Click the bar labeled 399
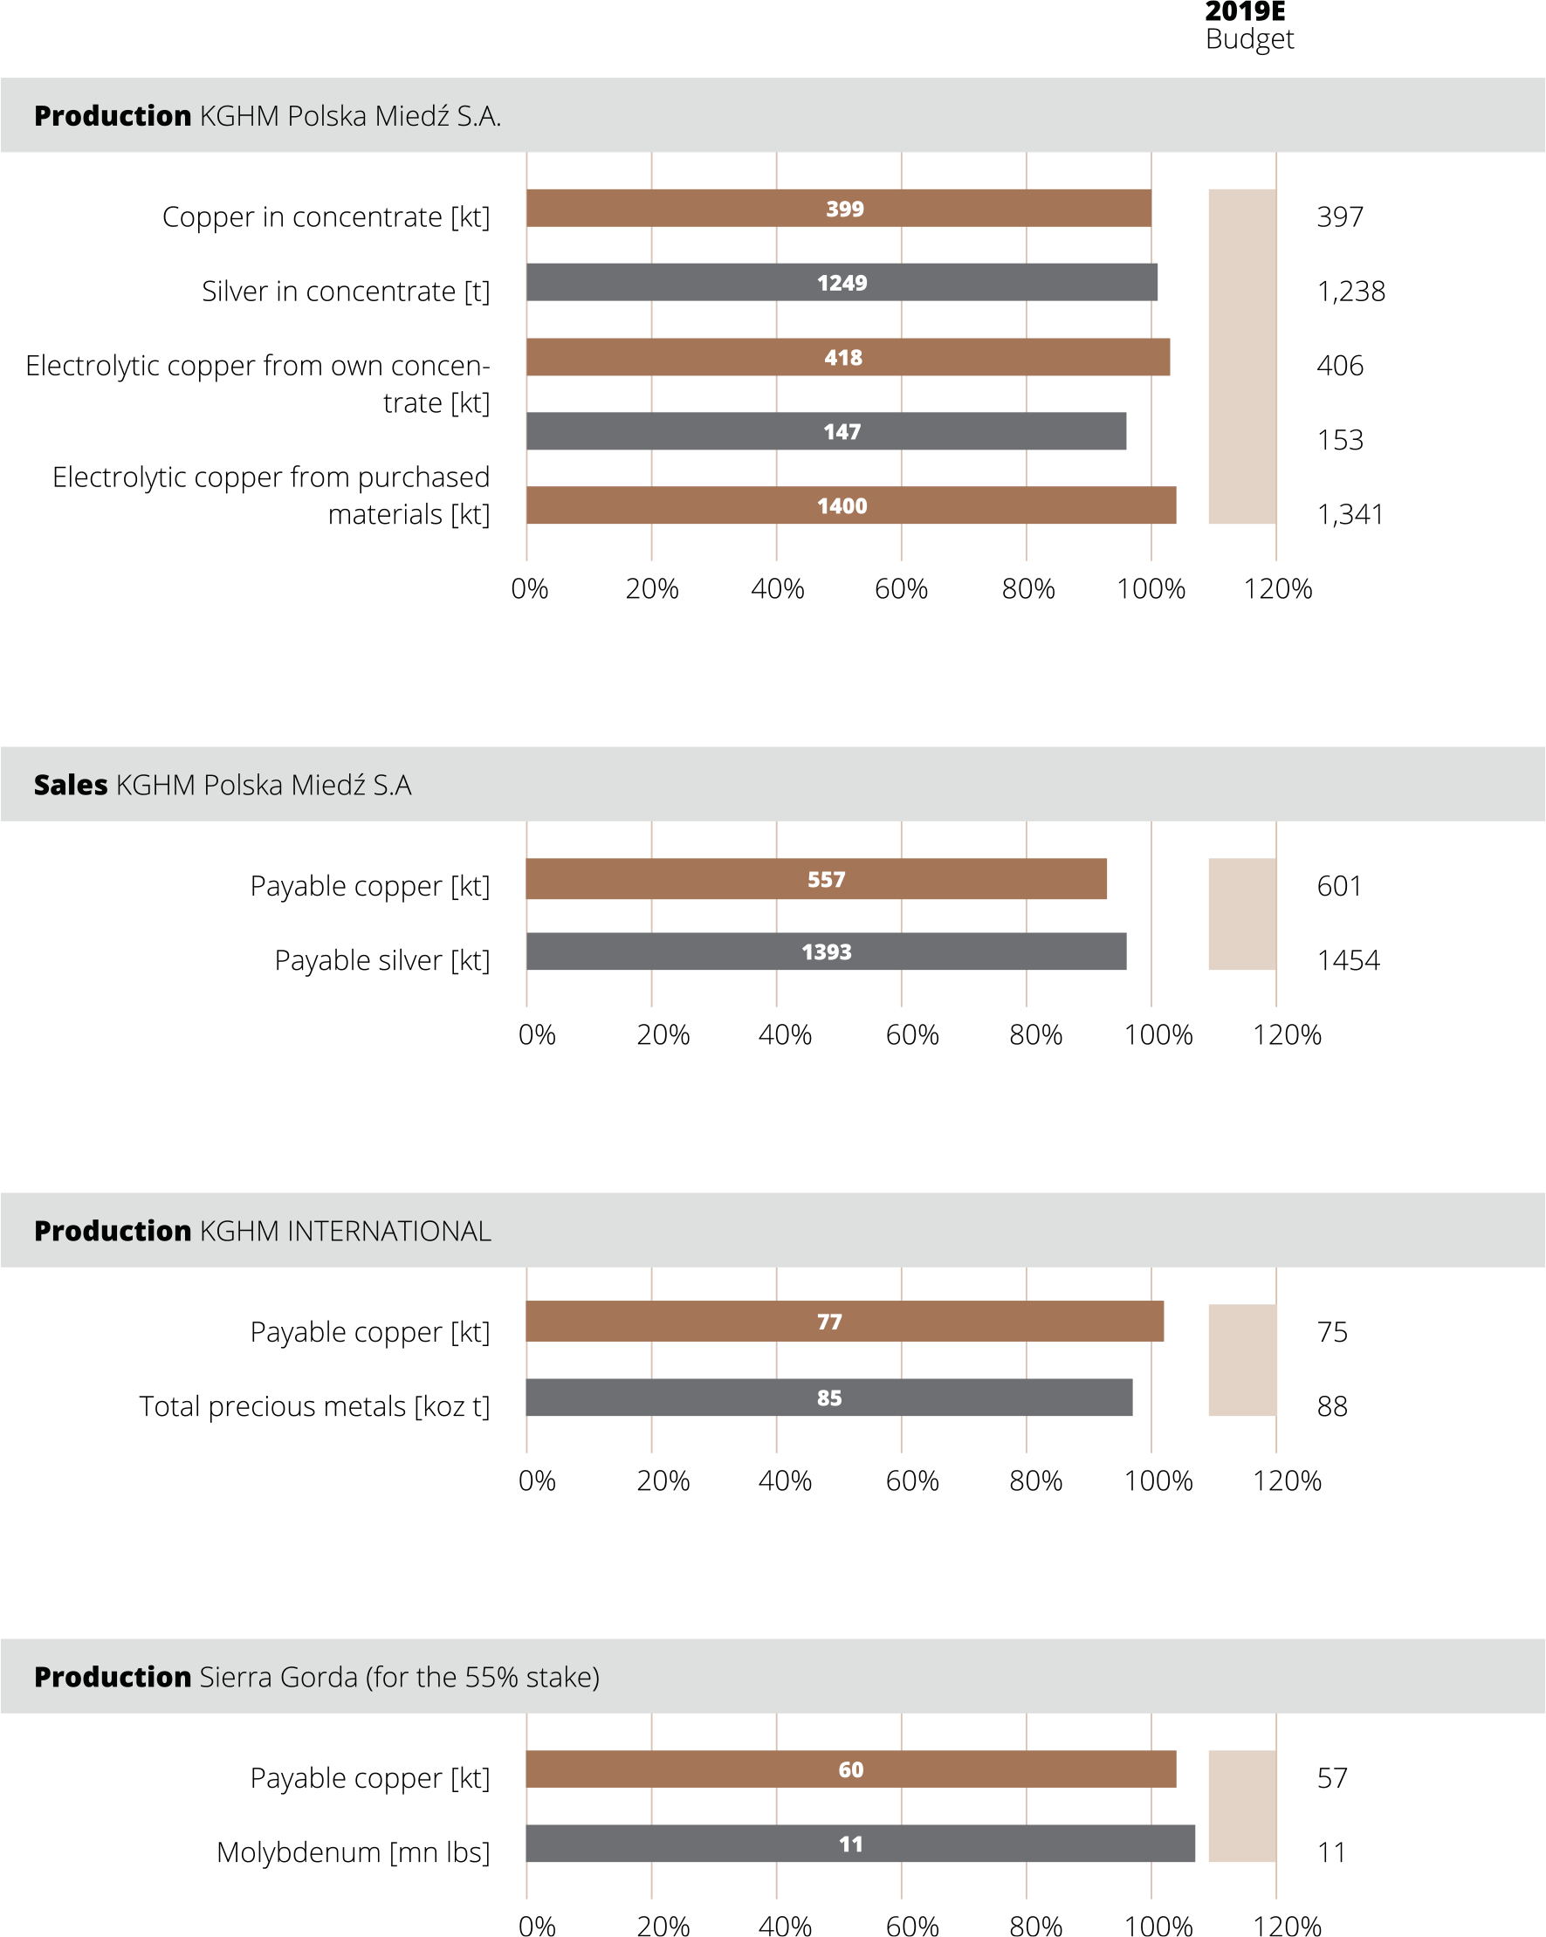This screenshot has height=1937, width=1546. coord(839,209)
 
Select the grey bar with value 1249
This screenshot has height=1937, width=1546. coord(842,282)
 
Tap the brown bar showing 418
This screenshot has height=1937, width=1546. coord(848,357)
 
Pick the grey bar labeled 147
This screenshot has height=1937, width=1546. coord(827,431)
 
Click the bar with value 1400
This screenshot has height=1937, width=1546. coord(852,505)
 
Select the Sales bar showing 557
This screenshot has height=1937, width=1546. coord(816,879)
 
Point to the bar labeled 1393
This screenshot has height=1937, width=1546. coord(827,951)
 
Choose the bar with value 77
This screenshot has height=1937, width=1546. coord(845,1321)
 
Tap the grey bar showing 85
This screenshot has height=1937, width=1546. coord(829,1397)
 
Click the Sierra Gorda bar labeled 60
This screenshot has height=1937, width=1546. coord(852,1769)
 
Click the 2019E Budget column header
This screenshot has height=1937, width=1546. coord(1249,26)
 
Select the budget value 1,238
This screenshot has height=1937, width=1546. coord(1351,291)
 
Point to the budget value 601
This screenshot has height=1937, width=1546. coord(1338,886)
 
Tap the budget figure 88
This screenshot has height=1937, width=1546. coord(1332,1406)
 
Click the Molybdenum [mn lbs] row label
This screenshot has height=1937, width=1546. coord(353,1852)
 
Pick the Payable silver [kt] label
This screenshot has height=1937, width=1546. coord(382,960)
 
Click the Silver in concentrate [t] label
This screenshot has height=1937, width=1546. coord(346,291)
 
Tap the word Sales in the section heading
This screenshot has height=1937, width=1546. coord(71,785)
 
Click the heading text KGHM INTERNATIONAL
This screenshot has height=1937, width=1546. coord(346,1231)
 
